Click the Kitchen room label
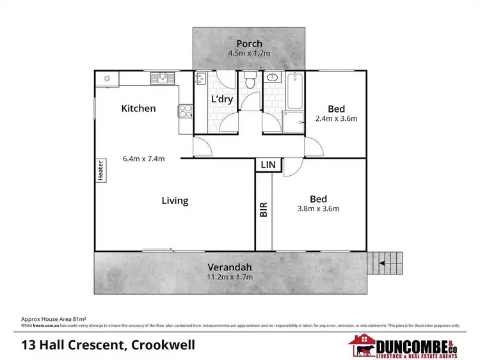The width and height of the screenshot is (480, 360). pos(138,108)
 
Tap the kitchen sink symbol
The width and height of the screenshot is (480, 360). pos(163,78)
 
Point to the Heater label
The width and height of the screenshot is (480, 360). pos(100,170)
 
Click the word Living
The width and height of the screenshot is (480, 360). pos(175,201)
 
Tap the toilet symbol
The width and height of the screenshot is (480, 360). pos(250,81)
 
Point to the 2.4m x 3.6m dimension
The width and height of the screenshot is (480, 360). pos(336,118)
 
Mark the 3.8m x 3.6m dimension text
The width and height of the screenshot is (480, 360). pos(318,208)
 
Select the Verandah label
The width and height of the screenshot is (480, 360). pos(230,267)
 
